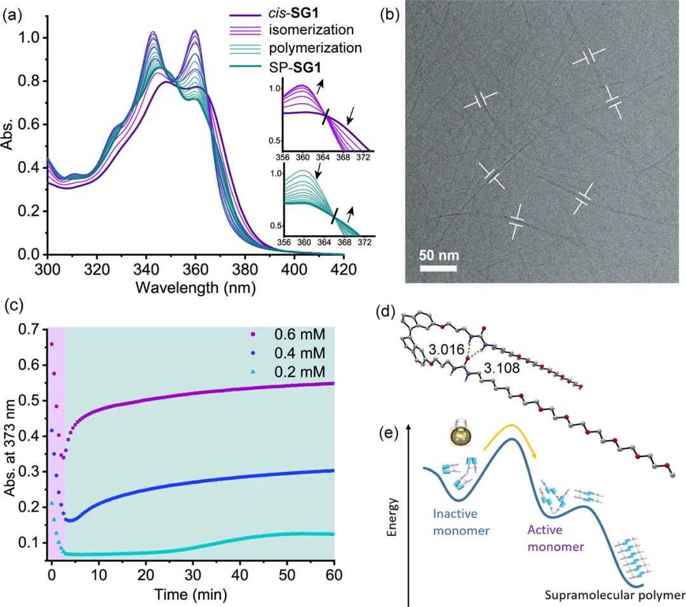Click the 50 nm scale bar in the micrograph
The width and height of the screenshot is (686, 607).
click(x=438, y=257)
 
